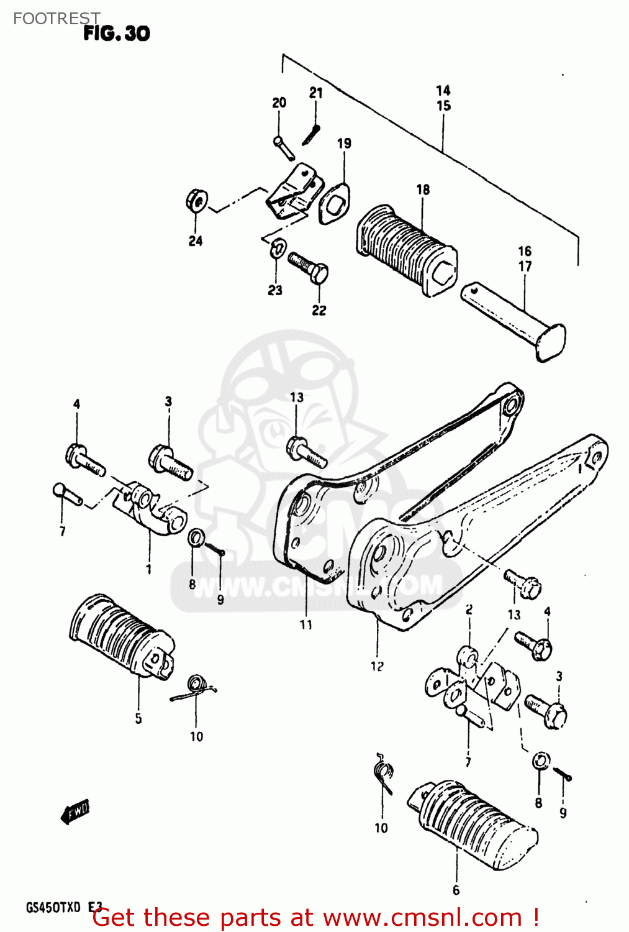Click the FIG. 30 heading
[x=117, y=34]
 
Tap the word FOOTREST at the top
[x=56, y=19]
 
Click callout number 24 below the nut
[x=196, y=241]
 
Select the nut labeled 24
[x=196, y=200]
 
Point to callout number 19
[x=344, y=144]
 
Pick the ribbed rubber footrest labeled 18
[x=407, y=249]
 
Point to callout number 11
[x=306, y=624]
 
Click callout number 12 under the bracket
[x=377, y=666]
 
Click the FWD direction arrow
[x=76, y=811]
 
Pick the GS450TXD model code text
[x=53, y=908]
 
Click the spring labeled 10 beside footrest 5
[x=195, y=687]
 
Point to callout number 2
[x=469, y=610]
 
